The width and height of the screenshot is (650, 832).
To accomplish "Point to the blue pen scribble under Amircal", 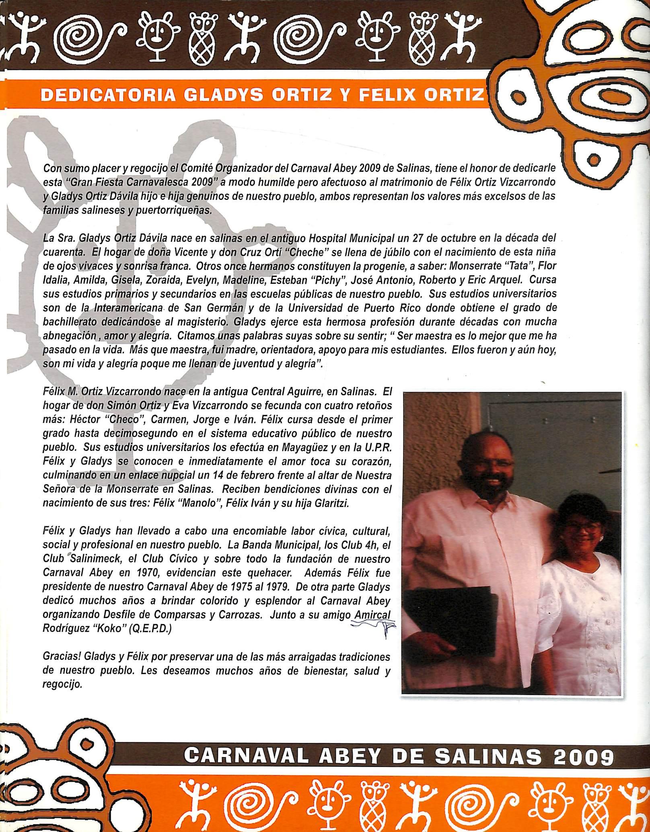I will tap(372, 634).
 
